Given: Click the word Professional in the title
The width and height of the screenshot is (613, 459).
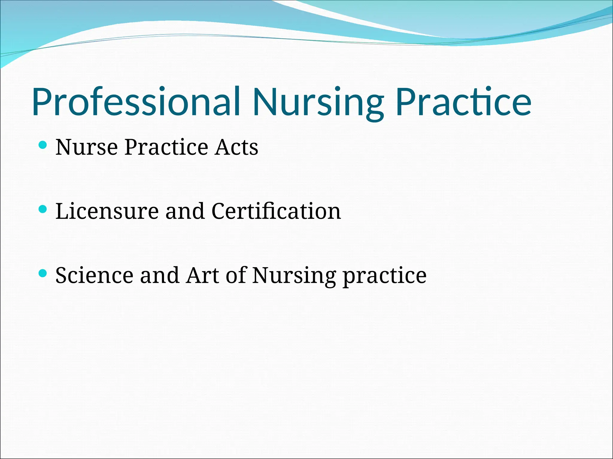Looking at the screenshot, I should tap(136, 102).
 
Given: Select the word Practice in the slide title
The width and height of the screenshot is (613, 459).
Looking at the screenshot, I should tap(463, 102).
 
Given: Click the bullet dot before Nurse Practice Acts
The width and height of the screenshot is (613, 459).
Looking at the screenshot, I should tap(43, 146).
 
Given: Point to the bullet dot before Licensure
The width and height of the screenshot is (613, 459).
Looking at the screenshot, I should tap(43, 209).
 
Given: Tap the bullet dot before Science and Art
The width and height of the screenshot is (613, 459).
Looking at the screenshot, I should tap(43, 273).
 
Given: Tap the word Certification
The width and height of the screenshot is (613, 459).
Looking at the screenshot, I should tap(276, 211).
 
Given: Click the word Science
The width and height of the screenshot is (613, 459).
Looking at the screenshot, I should tap(94, 275).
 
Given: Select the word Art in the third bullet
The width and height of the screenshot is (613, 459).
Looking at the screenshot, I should tap(202, 275).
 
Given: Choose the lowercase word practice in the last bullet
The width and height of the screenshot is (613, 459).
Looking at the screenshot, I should tap(384, 275).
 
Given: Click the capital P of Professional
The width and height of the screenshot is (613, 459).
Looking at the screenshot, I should tap(42, 102).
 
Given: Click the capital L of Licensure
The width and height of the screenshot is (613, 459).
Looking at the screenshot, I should tap(62, 211).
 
